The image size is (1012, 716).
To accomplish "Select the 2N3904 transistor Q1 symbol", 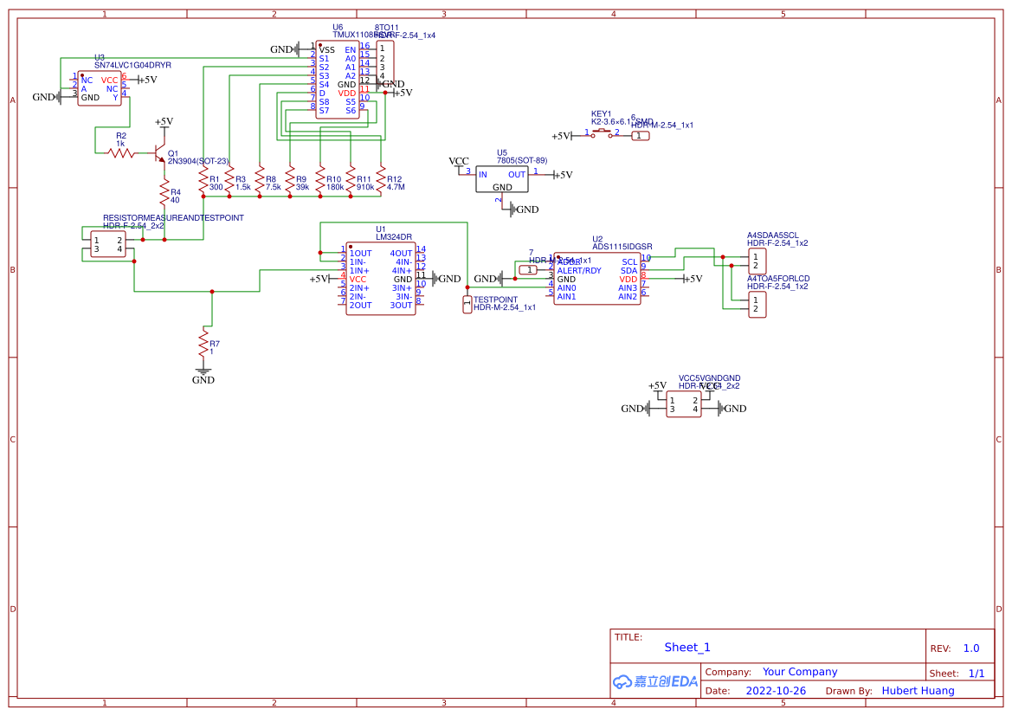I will click(159, 154).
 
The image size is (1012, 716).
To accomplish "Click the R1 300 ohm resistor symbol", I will click(203, 181).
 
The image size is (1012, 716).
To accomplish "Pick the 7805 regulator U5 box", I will click(502, 180).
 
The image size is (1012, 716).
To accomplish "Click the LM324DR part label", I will click(393, 237).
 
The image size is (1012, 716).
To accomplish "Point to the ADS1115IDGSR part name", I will click(622, 247).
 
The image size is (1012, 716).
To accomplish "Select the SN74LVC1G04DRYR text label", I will click(132, 65).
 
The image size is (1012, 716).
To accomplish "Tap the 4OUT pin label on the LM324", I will click(403, 254).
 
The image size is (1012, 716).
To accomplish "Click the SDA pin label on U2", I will click(628, 270).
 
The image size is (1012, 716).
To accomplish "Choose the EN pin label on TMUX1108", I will click(350, 49).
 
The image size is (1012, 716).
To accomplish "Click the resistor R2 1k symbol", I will click(121, 153).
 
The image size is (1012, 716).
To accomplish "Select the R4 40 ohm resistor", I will click(163, 192).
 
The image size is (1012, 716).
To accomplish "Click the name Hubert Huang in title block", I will click(918, 691).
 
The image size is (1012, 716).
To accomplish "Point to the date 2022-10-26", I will click(776, 691).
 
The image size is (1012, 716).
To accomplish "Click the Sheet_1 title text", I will click(687, 647).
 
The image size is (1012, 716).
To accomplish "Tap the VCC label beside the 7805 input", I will click(458, 162).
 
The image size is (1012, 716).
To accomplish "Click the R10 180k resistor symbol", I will click(320, 181).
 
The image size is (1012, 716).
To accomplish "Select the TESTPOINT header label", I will click(495, 300).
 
